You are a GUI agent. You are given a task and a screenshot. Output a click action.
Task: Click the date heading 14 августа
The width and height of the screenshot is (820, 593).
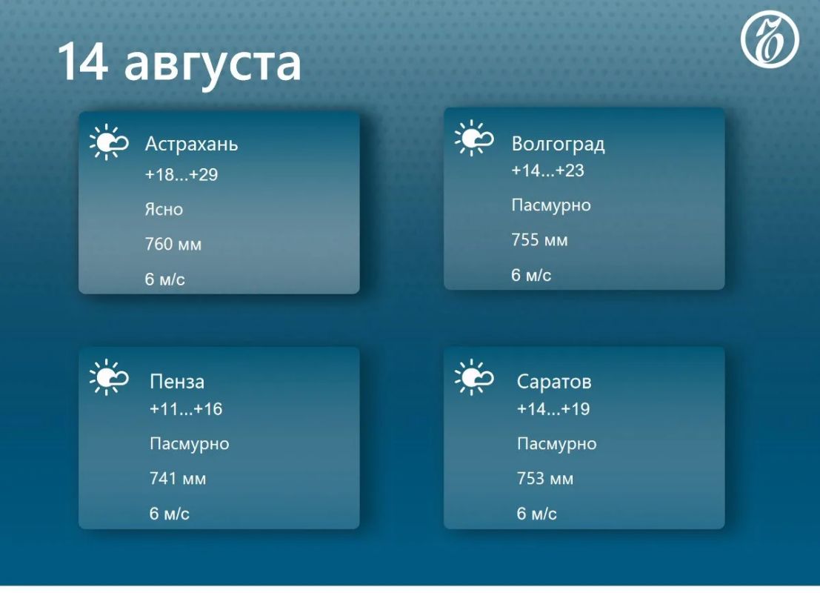click(x=179, y=64)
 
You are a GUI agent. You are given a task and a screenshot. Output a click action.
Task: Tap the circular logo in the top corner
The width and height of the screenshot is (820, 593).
click(x=770, y=39)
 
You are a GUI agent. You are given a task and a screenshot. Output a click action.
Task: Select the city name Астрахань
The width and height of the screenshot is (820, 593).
click(x=191, y=143)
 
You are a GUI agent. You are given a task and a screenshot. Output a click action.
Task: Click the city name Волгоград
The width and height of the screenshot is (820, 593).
click(x=558, y=144)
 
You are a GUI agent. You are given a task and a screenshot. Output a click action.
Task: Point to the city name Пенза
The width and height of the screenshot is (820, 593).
click(x=177, y=382)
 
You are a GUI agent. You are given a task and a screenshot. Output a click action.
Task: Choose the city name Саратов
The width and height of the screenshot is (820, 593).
click(x=554, y=382)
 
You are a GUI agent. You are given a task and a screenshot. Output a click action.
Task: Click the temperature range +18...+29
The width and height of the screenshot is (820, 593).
click(x=181, y=174)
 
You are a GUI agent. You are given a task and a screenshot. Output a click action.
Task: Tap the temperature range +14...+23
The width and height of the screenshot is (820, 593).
click(x=547, y=170)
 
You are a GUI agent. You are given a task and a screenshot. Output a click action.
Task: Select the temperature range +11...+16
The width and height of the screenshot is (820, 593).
click(x=186, y=408)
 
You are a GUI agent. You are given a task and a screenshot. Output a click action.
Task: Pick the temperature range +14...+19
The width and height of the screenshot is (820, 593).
click(x=553, y=408)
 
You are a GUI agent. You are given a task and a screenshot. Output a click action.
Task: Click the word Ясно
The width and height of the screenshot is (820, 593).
click(x=164, y=209)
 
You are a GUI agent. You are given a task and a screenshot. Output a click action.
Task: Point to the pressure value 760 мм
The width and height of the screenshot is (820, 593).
click(x=173, y=244)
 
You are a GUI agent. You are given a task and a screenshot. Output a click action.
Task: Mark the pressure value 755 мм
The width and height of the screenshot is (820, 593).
click(x=539, y=239)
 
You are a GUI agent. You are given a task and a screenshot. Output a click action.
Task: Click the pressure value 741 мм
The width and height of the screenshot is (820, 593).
click(x=178, y=478)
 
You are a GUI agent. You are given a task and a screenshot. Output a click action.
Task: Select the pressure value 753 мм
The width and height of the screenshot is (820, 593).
click(x=545, y=478)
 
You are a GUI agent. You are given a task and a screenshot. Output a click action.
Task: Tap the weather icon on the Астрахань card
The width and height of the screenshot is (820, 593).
click(x=109, y=142)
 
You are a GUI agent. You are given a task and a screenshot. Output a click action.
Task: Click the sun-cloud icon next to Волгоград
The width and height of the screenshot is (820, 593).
click(x=474, y=138)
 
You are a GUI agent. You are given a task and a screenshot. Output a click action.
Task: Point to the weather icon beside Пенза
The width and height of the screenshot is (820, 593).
click(x=109, y=377)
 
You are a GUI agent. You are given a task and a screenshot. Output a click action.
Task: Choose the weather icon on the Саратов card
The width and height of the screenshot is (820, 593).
click(x=474, y=377)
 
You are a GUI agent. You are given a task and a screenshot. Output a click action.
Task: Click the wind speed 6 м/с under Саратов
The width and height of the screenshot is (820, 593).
click(x=536, y=514)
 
